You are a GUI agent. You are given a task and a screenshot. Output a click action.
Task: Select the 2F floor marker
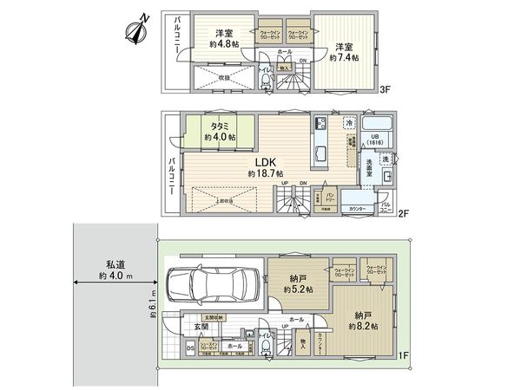(x=403, y=214)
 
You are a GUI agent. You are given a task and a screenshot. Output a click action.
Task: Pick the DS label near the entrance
(x=191, y=348)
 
